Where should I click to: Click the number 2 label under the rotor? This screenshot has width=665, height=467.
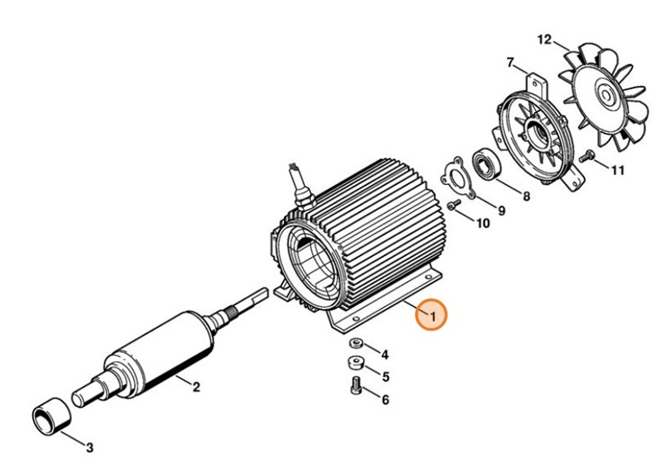pyautogui.click(x=196, y=387)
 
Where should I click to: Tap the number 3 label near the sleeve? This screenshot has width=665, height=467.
pyautogui.click(x=89, y=446)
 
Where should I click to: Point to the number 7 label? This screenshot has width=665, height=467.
pyautogui.click(x=510, y=63)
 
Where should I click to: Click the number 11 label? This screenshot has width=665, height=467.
pyautogui.click(x=617, y=171)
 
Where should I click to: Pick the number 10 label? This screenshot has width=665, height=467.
pyautogui.click(x=483, y=224)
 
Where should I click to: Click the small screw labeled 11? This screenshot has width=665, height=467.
pyautogui.click(x=588, y=156)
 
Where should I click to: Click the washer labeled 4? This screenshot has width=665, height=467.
pyautogui.click(x=355, y=343)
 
